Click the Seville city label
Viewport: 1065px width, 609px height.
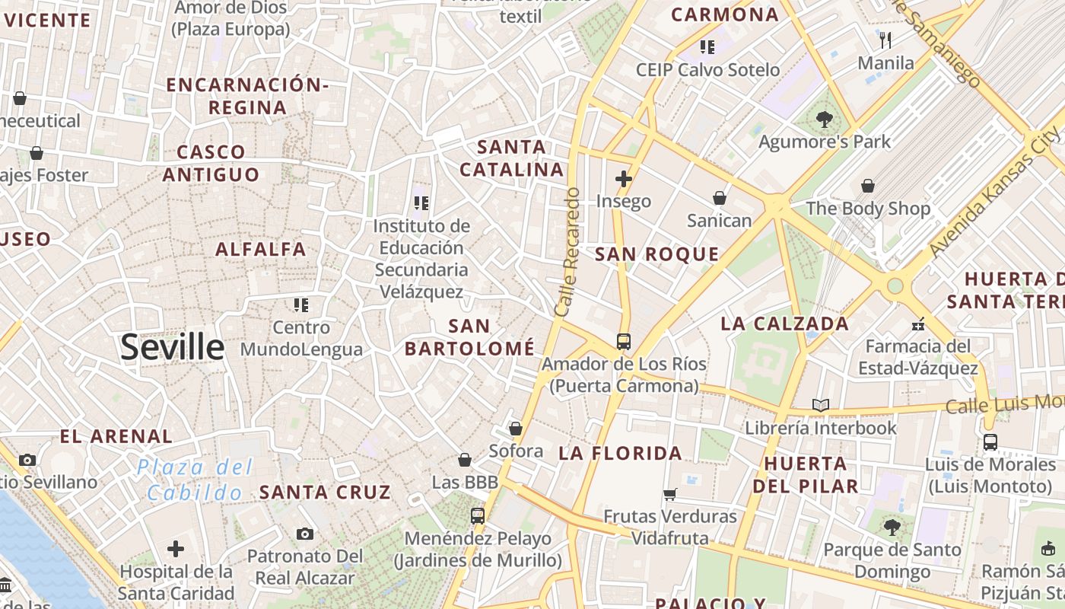173,347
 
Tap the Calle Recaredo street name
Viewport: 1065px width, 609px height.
567,253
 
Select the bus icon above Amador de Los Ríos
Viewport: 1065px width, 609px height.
624,341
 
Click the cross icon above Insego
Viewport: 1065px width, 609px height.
624,179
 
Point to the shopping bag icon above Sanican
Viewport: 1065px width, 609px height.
719,198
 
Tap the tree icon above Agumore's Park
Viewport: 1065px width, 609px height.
824,119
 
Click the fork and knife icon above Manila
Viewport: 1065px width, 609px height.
885,40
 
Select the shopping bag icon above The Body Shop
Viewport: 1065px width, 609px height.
867,186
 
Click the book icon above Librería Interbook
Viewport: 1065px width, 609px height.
820,405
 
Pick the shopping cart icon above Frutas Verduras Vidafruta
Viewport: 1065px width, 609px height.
670,494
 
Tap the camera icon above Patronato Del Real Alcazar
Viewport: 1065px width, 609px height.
305,534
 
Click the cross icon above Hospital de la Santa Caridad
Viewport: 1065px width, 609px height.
176,548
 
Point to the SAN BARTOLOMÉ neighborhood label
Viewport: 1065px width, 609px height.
469,337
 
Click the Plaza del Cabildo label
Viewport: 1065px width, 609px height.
195,480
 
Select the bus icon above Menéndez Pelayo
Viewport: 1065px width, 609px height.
478,516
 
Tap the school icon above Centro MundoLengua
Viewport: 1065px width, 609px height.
301,305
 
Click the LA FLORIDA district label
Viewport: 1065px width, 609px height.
620,454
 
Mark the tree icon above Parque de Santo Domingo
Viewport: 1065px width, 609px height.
892,527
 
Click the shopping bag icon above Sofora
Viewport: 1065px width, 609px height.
516,429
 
